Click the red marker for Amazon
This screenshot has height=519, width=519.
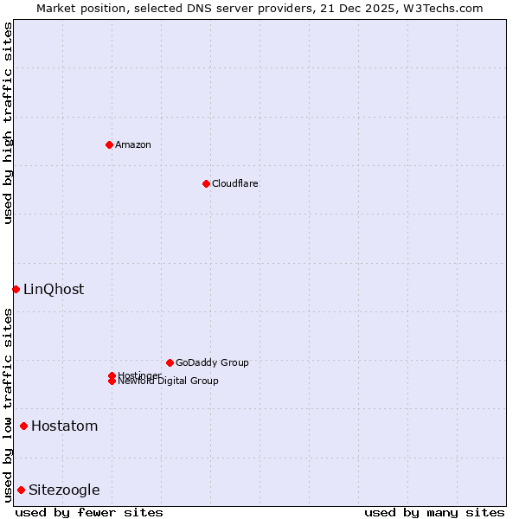pyautogui.click(x=109, y=144)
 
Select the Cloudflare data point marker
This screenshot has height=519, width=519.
pyautogui.click(x=206, y=183)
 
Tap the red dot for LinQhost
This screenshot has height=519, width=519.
pyautogui.click(x=16, y=289)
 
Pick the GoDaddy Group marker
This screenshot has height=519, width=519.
pyautogui.click(x=170, y=362)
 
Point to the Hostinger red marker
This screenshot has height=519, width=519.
pyautogui.click(x=112, y=375)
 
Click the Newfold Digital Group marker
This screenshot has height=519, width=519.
pyautogui.click(x=112, y=381)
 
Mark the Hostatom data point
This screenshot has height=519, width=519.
pyautogui.click(x=23, y=426)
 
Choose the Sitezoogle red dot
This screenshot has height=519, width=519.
pyautogui.click(x=21, y=490)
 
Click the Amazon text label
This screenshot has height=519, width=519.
pyautogui.click(x=133, y=144)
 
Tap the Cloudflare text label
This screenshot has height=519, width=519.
pyautogui.click(x=235, y=183)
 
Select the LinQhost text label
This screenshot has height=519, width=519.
pyautogui.click(x=54, y=289)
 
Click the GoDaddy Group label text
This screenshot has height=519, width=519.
pyautogui.click(x=212, y=362)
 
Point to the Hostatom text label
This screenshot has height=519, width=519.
pyautogui.click(x=65, y=426)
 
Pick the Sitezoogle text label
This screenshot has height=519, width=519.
pyautogui.click(x=64, y=490)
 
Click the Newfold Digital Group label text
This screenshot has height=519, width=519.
pyautogui.click(x=169, y=381)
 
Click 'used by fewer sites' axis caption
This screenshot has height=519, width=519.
pyautogui.click(x=89, y=512)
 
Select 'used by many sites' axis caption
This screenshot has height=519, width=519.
pyautogui.click(x=434, y=512)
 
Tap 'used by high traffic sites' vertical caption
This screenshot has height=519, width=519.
pyautogui.click(x=8, y=123)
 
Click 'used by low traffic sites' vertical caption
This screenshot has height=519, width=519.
pyautogui.click(x=8, y=405)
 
